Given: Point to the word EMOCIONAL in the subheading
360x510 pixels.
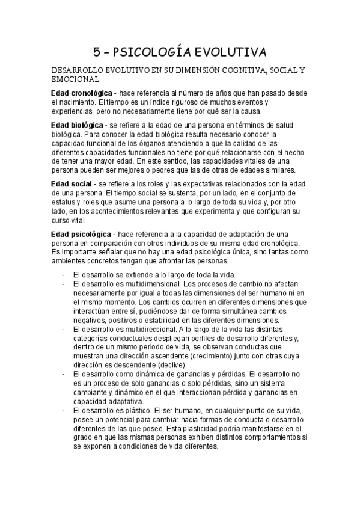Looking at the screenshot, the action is (x=76, y=79).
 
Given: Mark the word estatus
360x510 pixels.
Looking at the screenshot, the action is (x=64, y=202).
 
